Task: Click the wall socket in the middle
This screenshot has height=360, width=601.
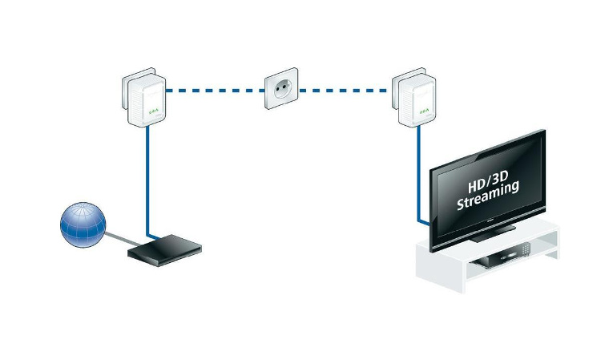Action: (x=282, y=91)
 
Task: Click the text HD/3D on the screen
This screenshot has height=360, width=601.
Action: (x=486, y=176)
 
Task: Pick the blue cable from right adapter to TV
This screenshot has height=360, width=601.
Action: (x=418, y=176)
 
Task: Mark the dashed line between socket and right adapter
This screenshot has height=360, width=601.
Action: (x=349, y=91)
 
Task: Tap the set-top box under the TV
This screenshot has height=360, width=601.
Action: (x=506, y=257)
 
